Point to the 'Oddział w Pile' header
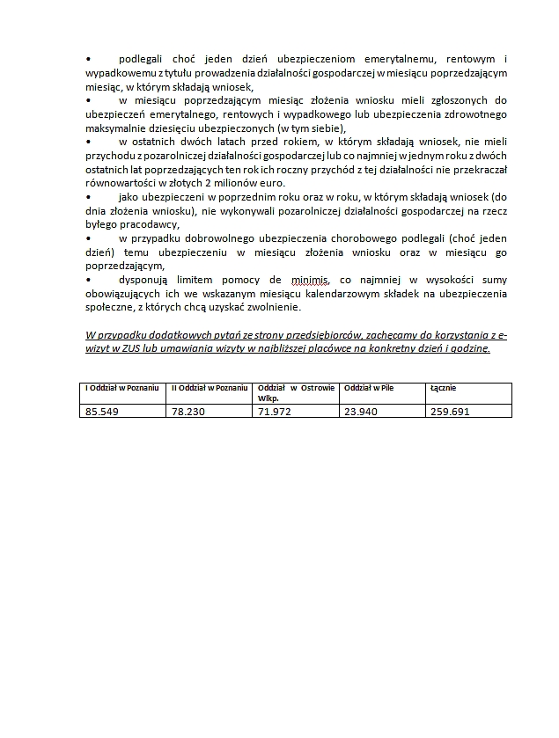click(369, 388)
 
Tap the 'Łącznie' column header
click(443, 388)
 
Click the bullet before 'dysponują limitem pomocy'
click(88, 280)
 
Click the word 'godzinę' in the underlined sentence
click(468, 348)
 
